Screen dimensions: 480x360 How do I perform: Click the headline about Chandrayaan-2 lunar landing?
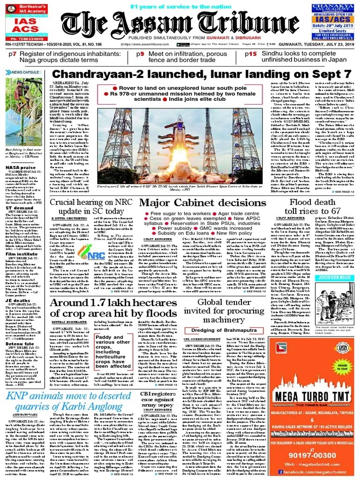(x=202, y=75)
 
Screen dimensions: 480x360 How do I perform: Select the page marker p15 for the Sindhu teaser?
(x=251, y=54)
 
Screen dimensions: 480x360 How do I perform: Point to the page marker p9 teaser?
(x=140, y=54)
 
